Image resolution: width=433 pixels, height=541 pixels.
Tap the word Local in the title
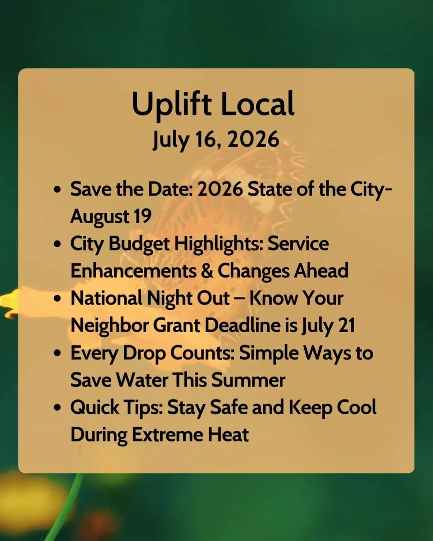pyautogui.click(x=257, y=103)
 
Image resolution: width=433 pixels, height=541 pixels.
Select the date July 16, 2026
pyautogui.click(x=216, y=139)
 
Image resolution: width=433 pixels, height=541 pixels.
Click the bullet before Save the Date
pyautogui.click(x=58, y=190)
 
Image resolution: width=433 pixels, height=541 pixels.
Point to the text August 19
pyautogui.click(x=111, y=216)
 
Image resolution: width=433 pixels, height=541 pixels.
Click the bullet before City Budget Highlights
pyautogui.click(x=58, y=244)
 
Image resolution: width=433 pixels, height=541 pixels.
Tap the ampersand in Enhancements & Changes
pyautogui.click(x=207, y=271)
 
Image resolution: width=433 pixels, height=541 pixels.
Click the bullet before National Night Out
pyautogui.click(x=58, y=299)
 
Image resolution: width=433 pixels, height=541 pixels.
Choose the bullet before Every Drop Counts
pyautogui.click(x=58, y=353)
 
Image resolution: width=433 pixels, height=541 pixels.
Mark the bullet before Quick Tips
pyautogui.click(x=58, y=407)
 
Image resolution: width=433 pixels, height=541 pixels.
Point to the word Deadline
pyautogui.click(x=243, y=325)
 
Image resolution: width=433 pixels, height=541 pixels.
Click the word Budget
pyautogui.click(x=139, y=244)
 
